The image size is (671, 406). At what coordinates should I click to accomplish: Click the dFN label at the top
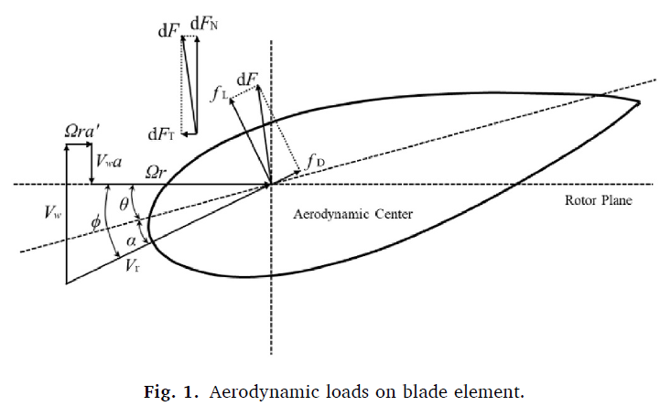(x=204, y=24)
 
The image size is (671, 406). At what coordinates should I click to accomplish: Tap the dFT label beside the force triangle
(x=161, y=134)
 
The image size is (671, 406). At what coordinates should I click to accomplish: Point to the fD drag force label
(x=315, y=163)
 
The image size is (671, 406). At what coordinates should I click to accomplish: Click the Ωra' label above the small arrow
(x=82, y=131)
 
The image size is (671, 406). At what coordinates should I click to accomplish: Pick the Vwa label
(x=109, y=161)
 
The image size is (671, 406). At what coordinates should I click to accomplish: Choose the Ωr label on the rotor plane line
(x=156, y=172)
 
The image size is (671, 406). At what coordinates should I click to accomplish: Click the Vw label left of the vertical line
(x=53, y=212)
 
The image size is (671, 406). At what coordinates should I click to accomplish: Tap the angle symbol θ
(x=124, y=205)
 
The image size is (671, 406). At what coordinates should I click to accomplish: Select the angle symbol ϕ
(x=96, y=222)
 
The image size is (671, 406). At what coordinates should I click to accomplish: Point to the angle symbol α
(x=131, y=241)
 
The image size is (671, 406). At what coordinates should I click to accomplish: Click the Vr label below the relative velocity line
(x=132, y=266)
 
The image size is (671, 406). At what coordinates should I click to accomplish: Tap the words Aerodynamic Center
(x=353, y=214)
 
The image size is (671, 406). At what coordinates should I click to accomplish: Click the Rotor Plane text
(x=599, y=200)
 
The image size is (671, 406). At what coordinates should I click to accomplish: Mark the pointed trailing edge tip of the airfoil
(x=639, y=102)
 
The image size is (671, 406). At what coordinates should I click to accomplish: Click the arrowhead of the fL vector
(x=231, y=100)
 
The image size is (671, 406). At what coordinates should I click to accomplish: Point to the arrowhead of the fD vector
(x=298, y=172)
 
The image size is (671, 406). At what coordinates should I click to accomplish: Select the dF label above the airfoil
(x=247, y=80)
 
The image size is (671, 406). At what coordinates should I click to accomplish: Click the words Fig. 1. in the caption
(x=171, y=391)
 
